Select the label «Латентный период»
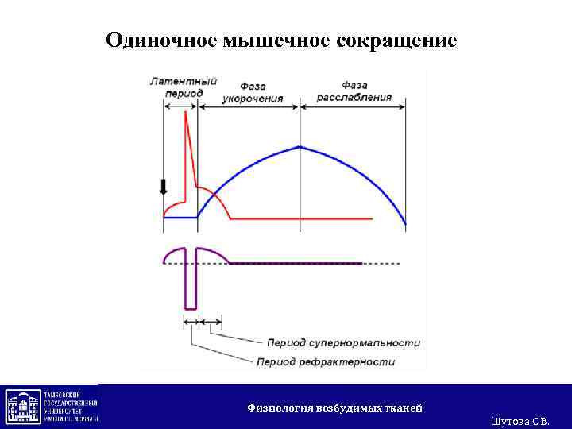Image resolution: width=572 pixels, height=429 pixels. [x=184, y=87]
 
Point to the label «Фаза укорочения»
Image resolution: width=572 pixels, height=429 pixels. [x=253, y=91]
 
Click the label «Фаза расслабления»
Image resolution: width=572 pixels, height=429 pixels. [x=354, y=91]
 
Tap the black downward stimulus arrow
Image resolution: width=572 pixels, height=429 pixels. [x=164, y=187]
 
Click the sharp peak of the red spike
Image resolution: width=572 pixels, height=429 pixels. [x=186, y=112]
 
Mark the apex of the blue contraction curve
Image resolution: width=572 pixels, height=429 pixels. [x=300, y=146]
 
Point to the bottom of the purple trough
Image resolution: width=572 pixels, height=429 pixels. [x=190, y=307]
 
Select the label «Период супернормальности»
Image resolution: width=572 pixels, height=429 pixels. [x=343, y=343]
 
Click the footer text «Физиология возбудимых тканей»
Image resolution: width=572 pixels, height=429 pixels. [x=334, y=408]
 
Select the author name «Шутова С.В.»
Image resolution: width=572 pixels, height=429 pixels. [x=520, y=420]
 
